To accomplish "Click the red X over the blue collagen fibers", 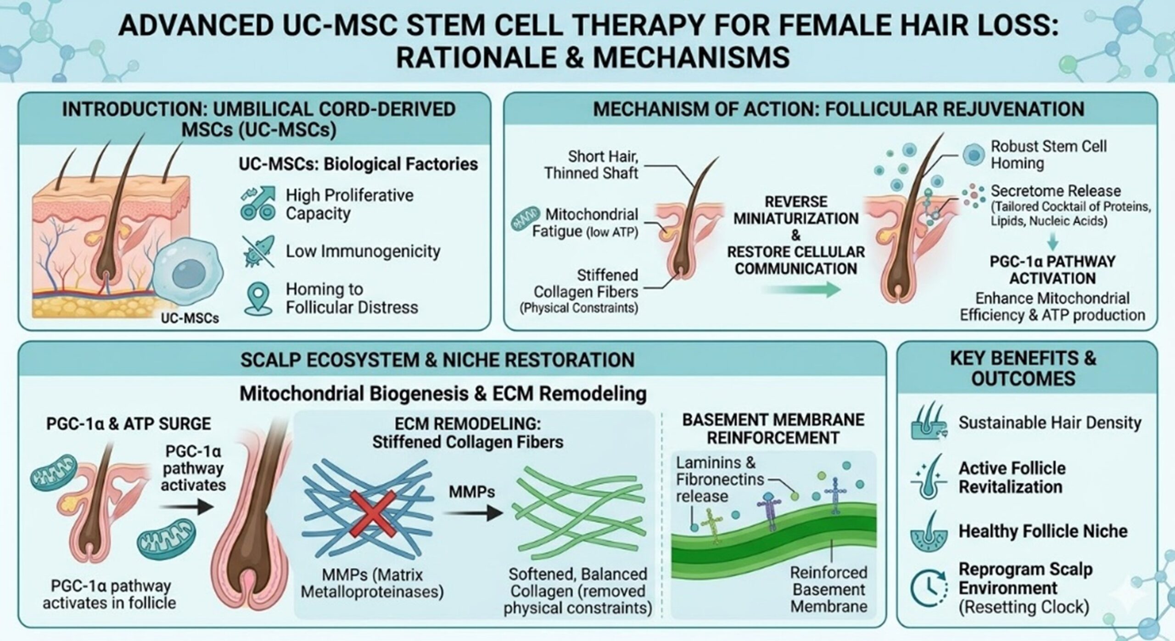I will (373, 513).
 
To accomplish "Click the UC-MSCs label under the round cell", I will (190, 318).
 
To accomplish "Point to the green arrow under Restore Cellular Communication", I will (800, 290).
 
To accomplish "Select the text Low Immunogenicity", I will (363, 251).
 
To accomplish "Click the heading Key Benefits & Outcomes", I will (1023, 368).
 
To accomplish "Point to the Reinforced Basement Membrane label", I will (828, 589).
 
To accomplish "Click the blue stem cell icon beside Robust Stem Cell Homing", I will (974, 155).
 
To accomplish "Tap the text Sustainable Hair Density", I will (1049, 423).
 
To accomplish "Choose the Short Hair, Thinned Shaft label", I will (591, 164).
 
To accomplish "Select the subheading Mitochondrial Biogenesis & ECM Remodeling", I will (443, 394).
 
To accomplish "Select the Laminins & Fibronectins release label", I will (720, 479).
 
